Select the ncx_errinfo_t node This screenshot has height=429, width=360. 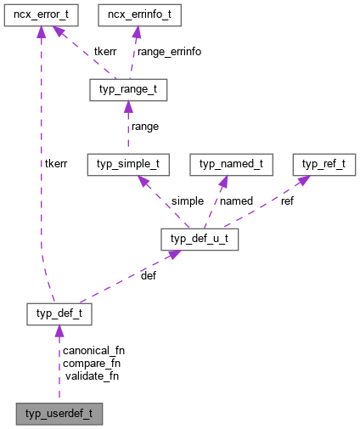138,16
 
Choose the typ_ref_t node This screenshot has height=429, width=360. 319,165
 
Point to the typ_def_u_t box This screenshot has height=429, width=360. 200,240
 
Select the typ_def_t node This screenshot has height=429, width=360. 59,315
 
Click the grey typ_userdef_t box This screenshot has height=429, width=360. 59,415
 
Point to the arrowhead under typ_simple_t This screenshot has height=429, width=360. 143,182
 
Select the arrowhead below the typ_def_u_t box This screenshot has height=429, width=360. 171,256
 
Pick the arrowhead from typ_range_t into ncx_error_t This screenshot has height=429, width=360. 58,32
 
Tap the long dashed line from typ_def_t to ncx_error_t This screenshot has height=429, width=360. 40,170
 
